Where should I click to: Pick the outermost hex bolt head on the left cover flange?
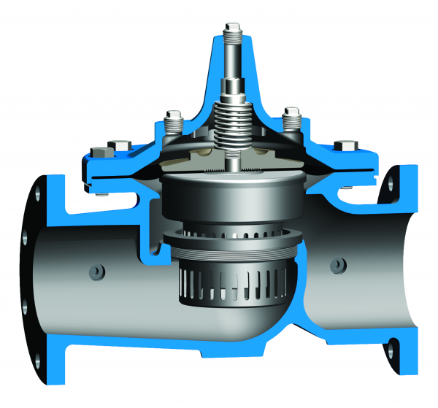(97, 153)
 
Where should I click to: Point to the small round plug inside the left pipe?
(95, 271)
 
